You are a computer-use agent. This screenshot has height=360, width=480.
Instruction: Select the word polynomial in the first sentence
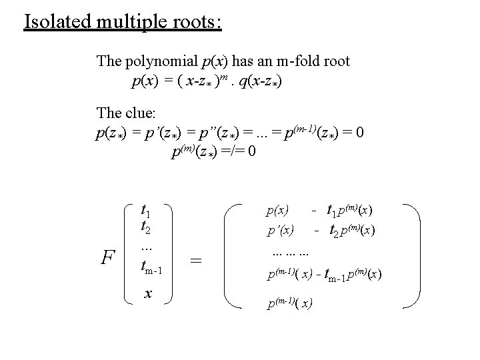point(160,62)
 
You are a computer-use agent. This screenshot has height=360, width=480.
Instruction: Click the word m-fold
point(295,62)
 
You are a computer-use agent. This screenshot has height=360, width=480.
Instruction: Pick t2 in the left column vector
point(145,227)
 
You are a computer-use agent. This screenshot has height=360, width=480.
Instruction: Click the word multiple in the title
point(123,21)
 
